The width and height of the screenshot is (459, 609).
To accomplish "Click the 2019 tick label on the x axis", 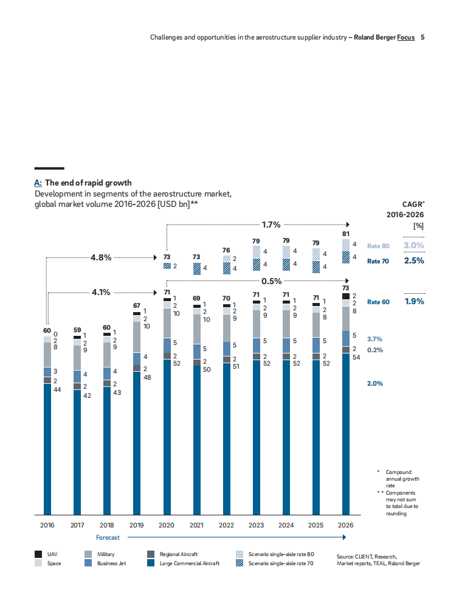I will tap(137, 525).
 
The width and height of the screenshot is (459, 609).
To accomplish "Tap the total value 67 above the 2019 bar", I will tap(137, 305).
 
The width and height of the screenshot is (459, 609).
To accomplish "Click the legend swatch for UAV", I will tap(38, 554).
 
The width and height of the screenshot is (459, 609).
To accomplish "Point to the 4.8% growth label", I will tap(101, 257).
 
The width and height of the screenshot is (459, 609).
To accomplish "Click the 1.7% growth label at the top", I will tap(271, 224).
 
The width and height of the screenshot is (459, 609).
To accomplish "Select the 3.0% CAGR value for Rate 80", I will tap(414, 246).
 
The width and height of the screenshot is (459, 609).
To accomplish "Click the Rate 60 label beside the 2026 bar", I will tap(378, 302).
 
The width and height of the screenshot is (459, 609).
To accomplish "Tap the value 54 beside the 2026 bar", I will tap(356, 357).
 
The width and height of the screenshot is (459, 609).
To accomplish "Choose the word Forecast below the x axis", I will tap(108, 538).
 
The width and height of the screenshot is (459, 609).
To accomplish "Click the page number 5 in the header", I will tap(423, 37).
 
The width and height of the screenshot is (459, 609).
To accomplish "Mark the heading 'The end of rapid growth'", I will tap(88, 183).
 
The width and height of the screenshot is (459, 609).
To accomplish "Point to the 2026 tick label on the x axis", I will tap(345, 525).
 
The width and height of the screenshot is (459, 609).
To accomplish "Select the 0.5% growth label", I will tap(271, 282).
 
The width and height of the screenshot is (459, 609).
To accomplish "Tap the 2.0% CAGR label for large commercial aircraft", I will tap(374, 384).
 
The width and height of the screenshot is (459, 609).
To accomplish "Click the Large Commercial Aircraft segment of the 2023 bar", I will tap(256, 438).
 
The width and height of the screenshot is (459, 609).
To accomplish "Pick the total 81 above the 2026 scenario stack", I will tap(345, 232).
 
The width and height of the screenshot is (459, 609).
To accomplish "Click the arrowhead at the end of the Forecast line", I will tap(344, 538).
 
